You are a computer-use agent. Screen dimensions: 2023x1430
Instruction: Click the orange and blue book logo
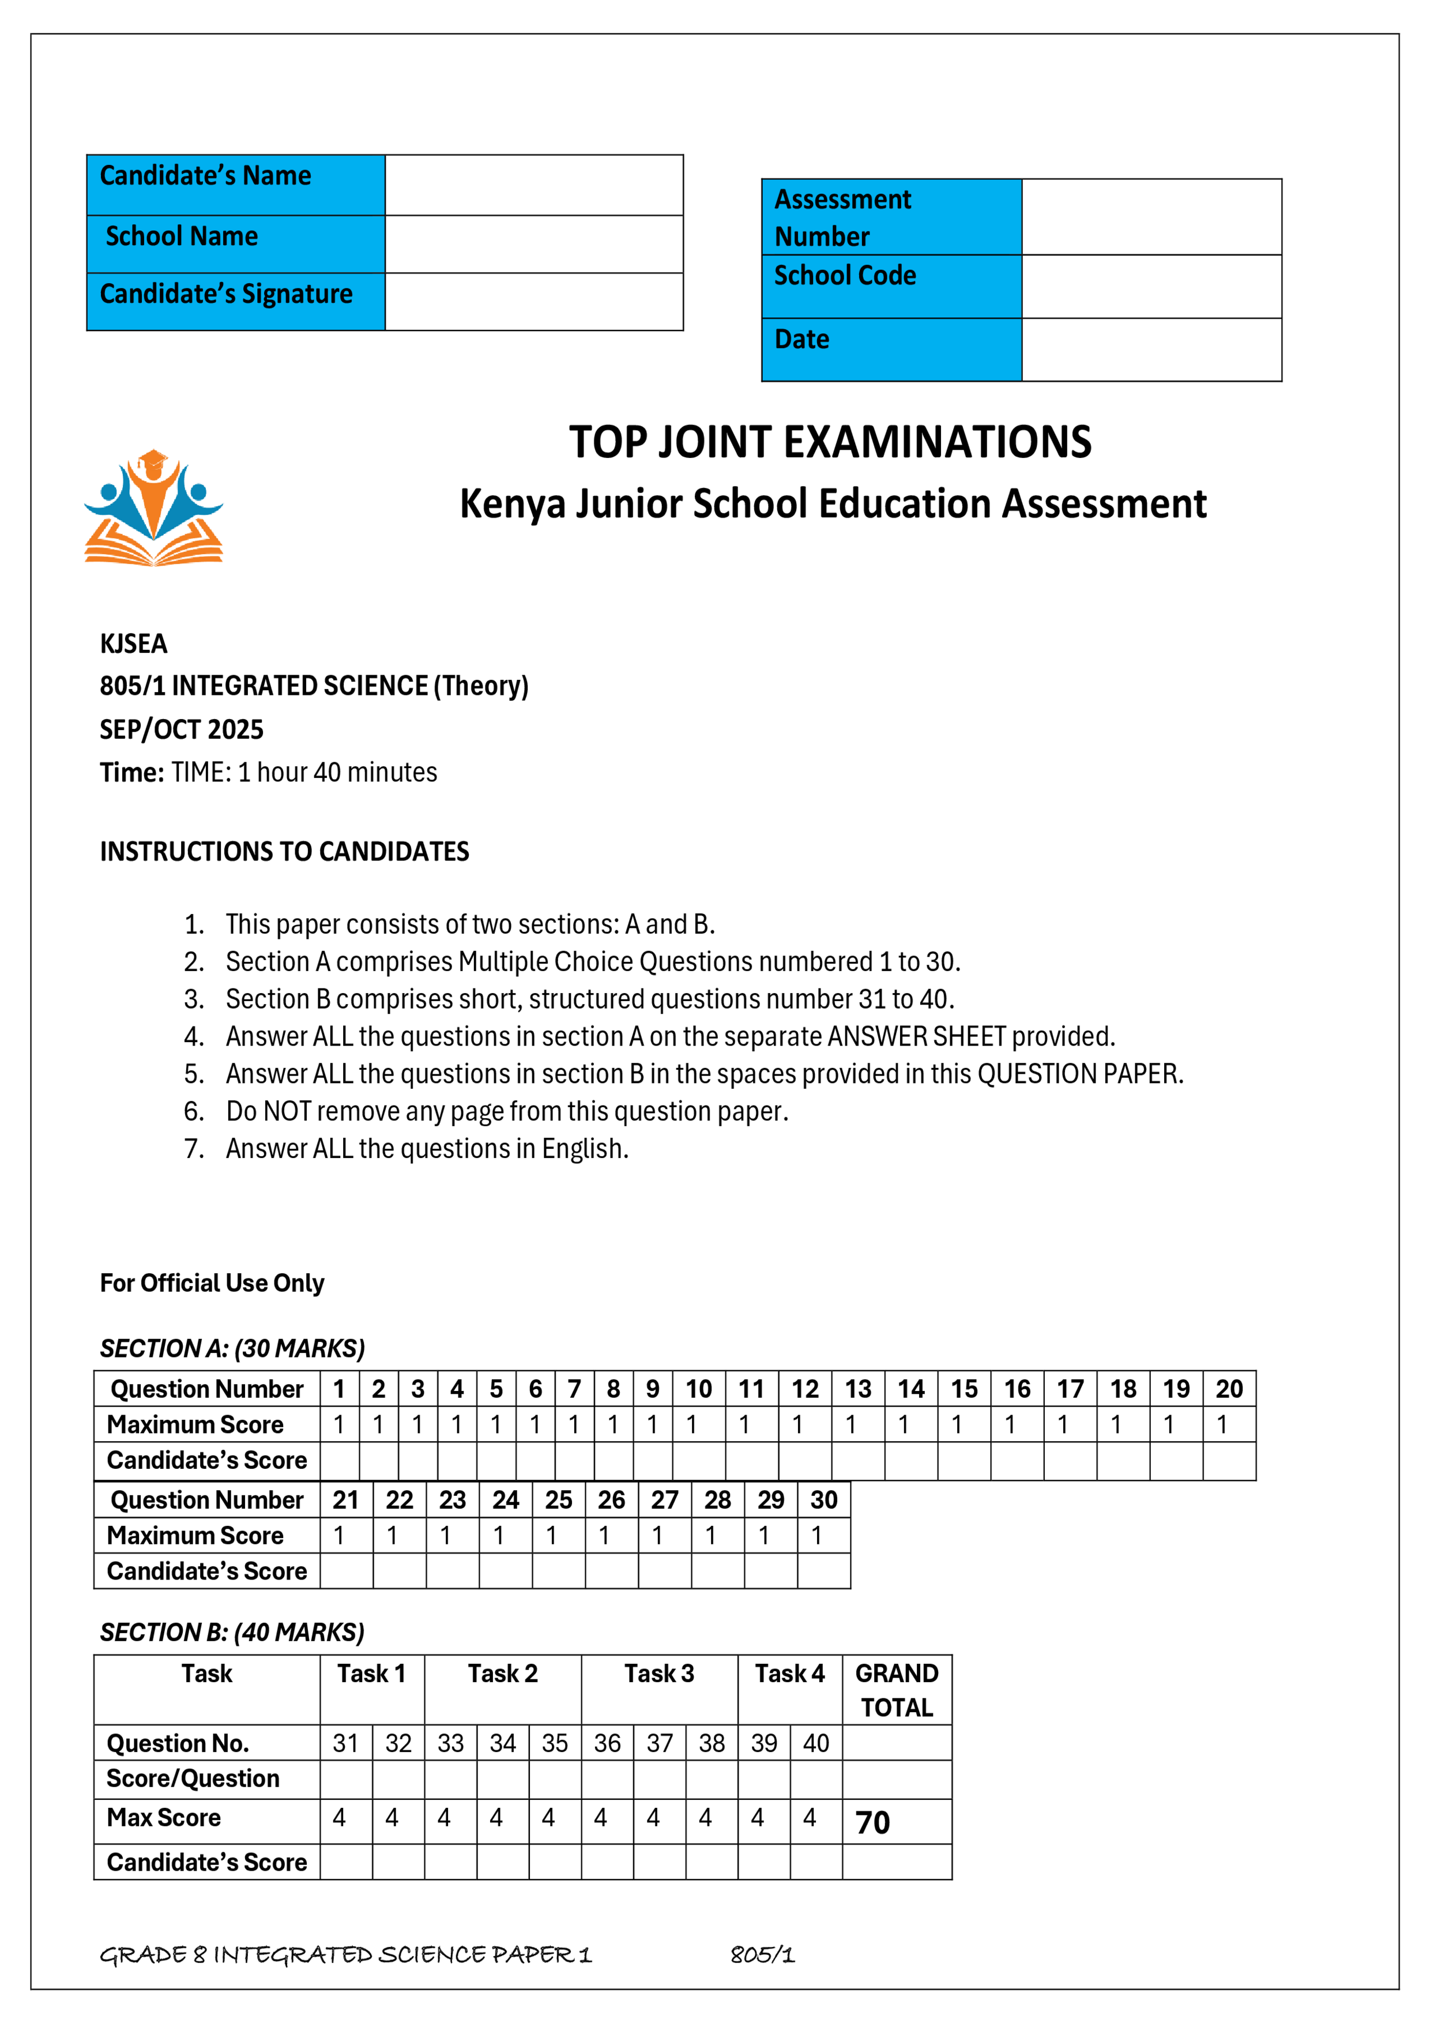point(153,509)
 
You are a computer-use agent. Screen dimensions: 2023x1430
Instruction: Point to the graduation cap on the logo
point(153,461)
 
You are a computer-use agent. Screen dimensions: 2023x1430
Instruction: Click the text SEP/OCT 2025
point(182,730)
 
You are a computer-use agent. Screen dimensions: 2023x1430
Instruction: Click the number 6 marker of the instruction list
point(193,1111)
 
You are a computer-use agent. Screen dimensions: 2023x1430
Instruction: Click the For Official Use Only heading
point(212,1283)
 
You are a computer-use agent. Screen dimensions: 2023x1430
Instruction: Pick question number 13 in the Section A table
point(857,1389)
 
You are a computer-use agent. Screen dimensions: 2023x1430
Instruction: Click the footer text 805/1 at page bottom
point(762,1955)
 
